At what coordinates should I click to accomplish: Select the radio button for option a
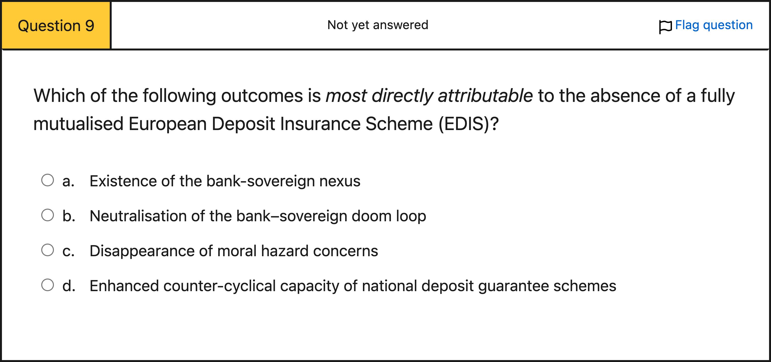(48, 180)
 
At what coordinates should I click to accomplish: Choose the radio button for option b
(48, 215)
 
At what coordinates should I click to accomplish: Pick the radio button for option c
(48, 250)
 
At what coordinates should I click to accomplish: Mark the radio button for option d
(48, 285)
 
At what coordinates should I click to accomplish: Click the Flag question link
(714, 25)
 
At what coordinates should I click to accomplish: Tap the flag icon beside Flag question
(665, 27)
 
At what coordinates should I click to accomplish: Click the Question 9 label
(56, 26)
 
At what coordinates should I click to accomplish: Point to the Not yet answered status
(378, 25)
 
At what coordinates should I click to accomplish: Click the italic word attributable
(485, 96)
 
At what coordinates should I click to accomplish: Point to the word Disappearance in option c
(142, 251)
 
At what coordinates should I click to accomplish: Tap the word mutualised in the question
(78, 124)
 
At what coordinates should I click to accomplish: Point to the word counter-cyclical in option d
(219, 286)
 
